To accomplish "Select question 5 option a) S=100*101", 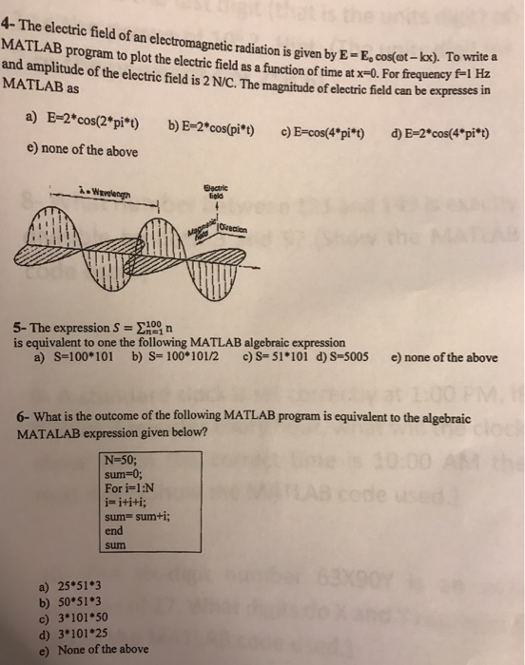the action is pos(73,358).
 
